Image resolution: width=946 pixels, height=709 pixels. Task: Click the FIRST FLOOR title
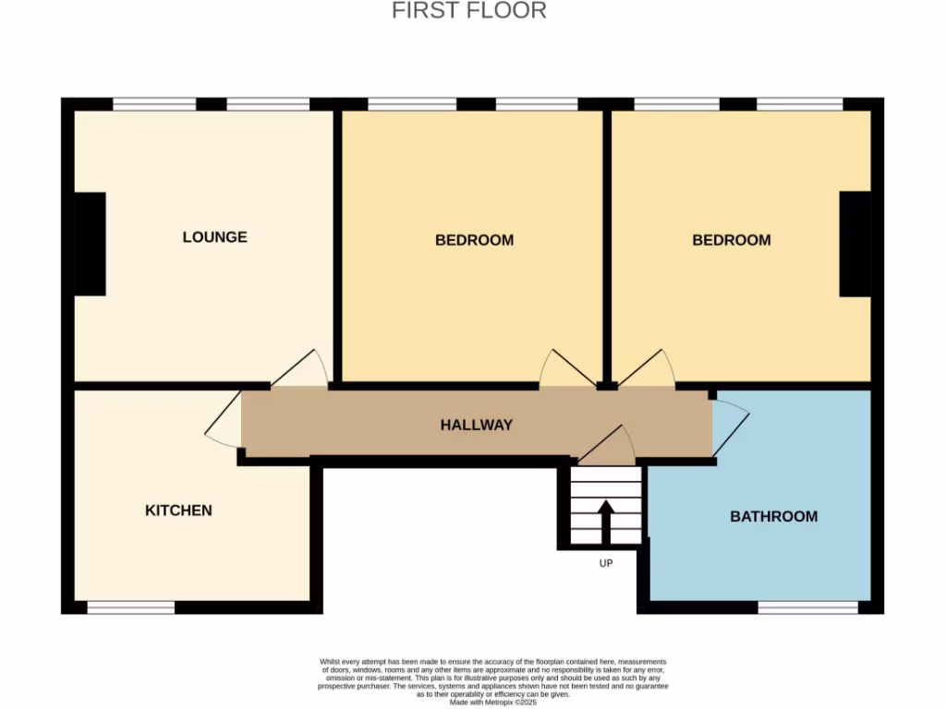tap(469, 11)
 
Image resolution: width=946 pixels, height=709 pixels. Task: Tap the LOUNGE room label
tap(214, 237)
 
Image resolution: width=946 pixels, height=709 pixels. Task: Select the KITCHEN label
tap(178, 511)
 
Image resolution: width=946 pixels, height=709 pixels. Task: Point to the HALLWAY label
tap(476, 426)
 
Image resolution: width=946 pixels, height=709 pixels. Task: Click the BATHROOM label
tap(773, 517)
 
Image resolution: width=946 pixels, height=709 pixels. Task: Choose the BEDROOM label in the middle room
tap(474, 241)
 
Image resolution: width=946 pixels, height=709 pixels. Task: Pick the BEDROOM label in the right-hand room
tap(731, 241)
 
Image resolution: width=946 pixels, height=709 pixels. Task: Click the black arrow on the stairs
tap(606, 522)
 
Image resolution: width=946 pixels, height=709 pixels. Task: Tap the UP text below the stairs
tap(606, 563)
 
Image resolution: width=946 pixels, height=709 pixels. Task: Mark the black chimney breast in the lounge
tap(90, 244)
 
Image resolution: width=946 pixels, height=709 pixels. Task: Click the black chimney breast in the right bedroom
tap(855, 244)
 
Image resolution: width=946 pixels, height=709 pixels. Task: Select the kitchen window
tap(130, 607)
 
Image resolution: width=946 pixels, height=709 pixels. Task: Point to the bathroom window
tap(807, 607)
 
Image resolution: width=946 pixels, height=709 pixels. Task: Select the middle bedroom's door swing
tap(564, 370)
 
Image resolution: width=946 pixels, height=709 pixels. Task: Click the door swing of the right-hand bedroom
tap(649, 369)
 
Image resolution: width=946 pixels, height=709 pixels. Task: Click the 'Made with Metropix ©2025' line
tap(492, 703)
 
